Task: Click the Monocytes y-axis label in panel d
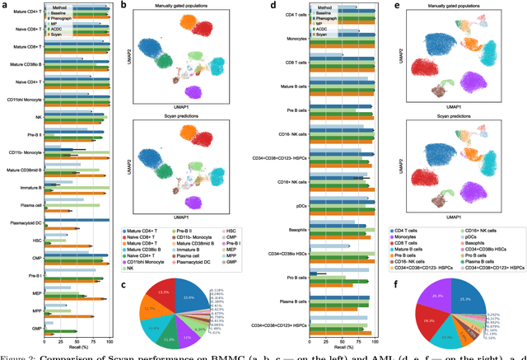tap(295, 39)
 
